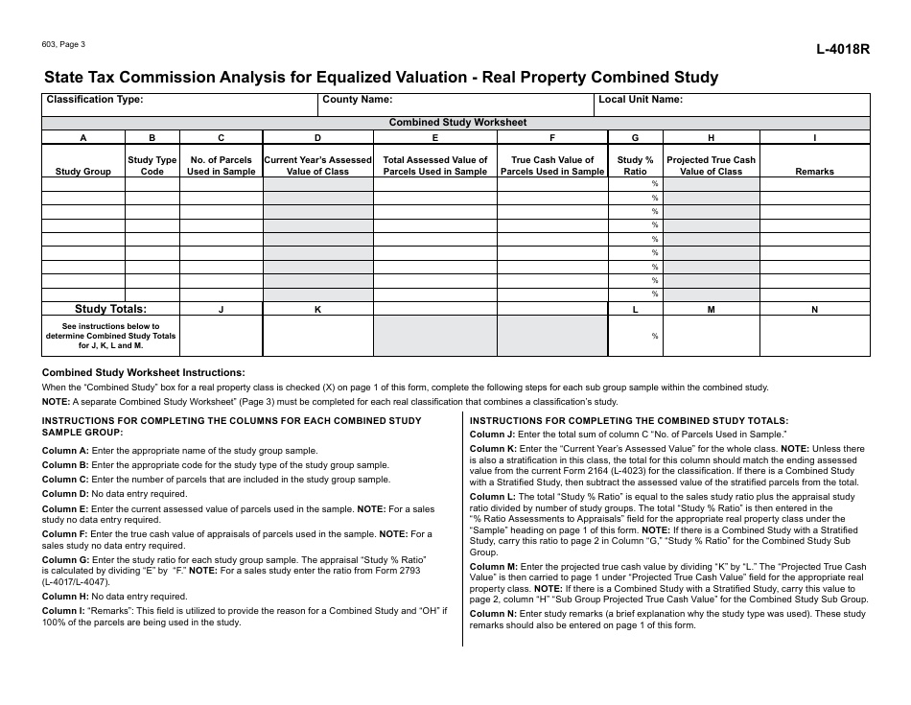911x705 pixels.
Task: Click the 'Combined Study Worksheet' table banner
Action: click(x=456, y=123)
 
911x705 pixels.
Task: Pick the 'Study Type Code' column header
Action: click(x=152, y=166)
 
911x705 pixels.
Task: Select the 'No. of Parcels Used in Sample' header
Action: click(x=222, y=166)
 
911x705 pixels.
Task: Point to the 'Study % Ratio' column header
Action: click(x=635, y=166)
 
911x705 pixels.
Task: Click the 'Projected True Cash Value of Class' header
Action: click(x=711, y=166)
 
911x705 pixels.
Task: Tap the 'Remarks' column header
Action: click(x=814, y=172)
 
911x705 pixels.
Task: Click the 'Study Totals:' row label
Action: click(x=111, y=309)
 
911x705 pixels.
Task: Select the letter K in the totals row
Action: click(x=318, y=310)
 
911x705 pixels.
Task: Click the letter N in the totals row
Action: click(x=814, y=310)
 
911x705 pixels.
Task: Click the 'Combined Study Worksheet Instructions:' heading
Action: click(x=144, y=373)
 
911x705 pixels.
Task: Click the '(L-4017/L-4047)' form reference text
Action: click(x=76, y=582)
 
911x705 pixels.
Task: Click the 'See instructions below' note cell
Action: click(x=111, y=336)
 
